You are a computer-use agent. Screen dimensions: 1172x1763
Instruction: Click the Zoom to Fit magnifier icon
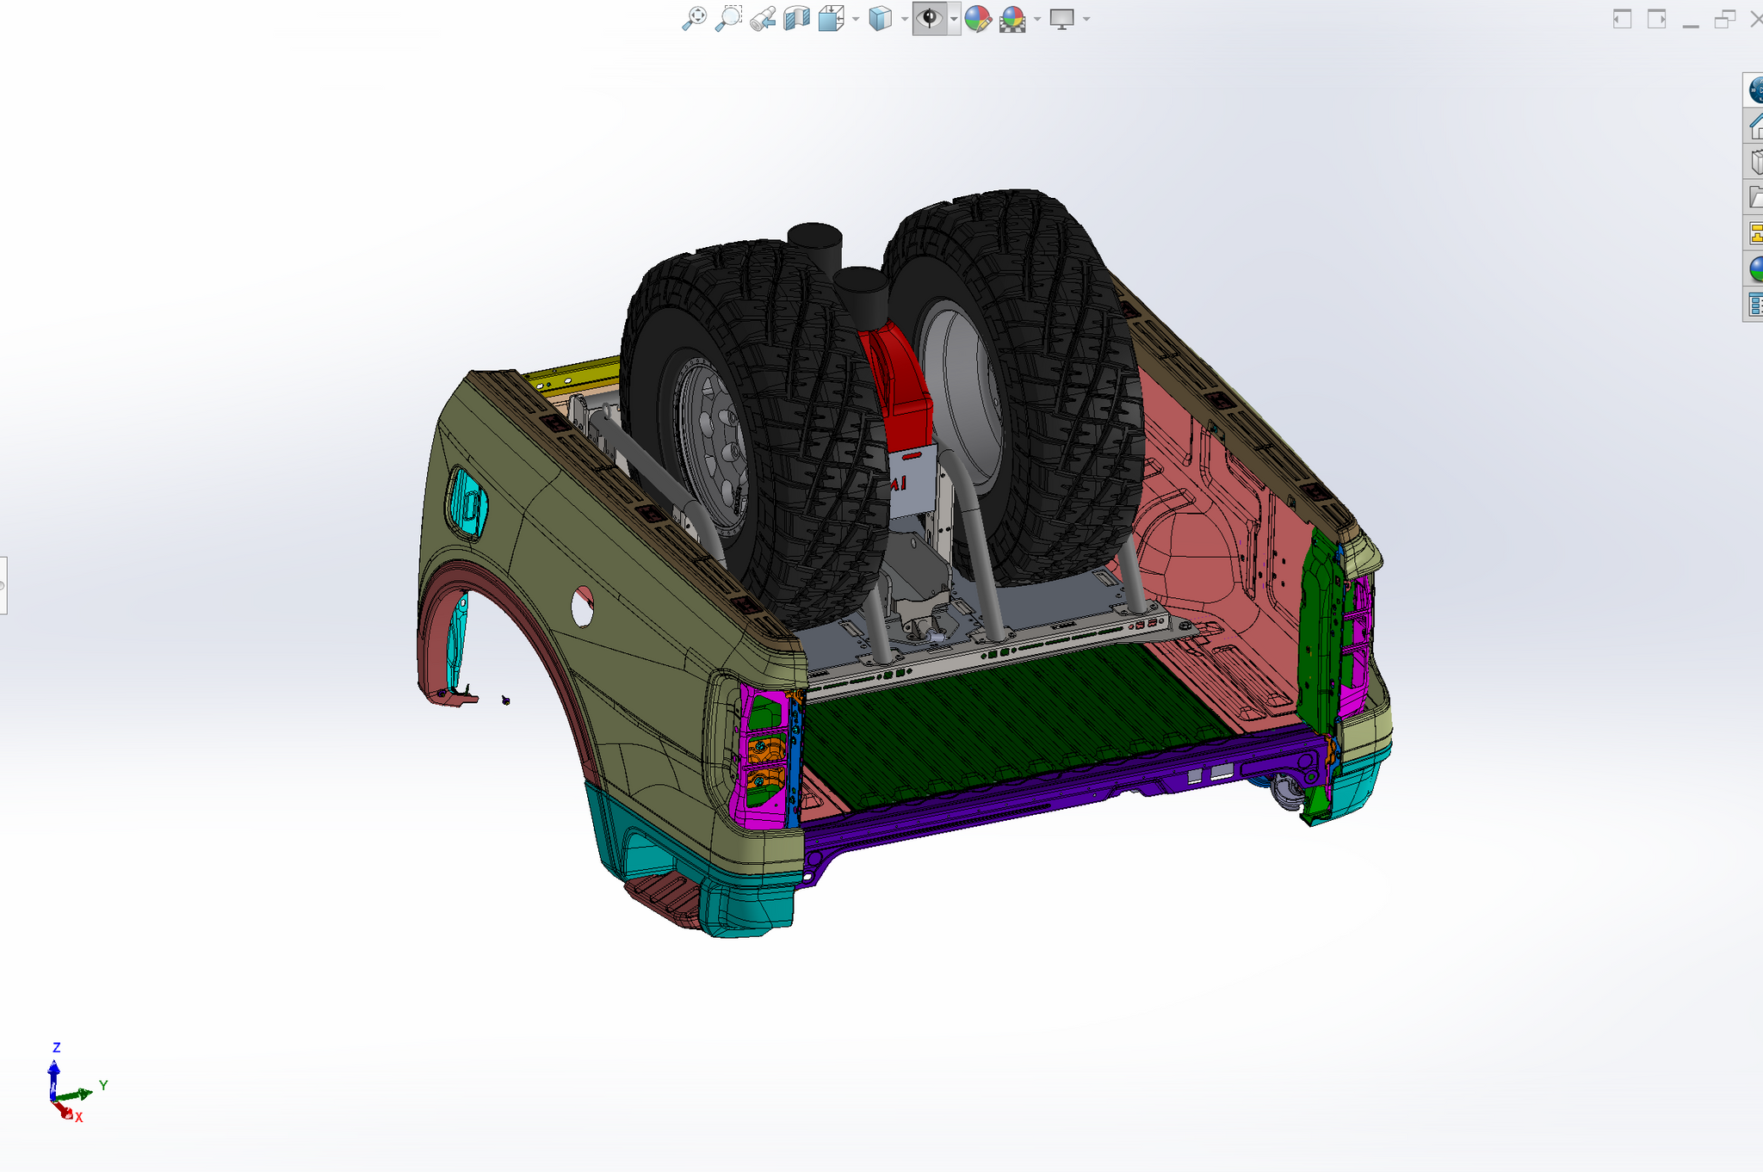[x=694, y=18]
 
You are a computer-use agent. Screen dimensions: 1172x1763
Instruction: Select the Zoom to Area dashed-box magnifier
[x=728, y=18]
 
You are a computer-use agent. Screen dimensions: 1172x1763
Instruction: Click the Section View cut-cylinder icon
[x=796, y=18]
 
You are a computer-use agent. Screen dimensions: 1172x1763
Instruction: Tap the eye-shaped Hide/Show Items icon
[x=930, y=18]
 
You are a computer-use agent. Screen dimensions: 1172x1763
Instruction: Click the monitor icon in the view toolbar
[x=1062, y=18]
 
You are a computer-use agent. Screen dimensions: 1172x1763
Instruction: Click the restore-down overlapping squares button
[x=1724, y=19]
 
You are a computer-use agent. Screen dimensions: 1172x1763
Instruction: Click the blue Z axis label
[x=57, y=1047]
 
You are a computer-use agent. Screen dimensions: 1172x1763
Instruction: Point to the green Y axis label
[x=103, y=1085]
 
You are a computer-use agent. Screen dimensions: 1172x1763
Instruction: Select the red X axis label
[x=79, y=1118]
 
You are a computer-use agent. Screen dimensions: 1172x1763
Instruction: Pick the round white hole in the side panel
[x=583, y=607]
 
